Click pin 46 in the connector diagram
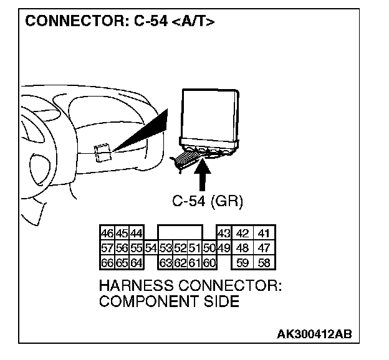[x=107, y=234]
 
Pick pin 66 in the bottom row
[x=107, y=263]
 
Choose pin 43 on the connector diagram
[x=224, y=234]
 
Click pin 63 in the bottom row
[x=166, y=263]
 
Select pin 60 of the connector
[x=209, y=263]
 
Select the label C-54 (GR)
[x=207, y=201]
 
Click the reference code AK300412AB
[x=314, y=334]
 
